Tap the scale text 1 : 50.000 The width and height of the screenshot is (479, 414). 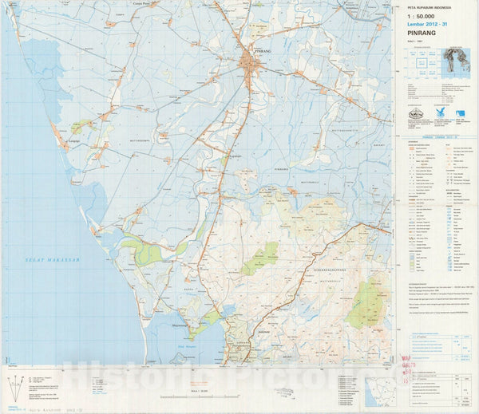coord(422,16)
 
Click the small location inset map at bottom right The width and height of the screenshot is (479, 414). coord(380,392)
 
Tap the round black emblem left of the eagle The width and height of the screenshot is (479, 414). coord(415,112)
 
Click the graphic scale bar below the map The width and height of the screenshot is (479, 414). coord(200,396)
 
